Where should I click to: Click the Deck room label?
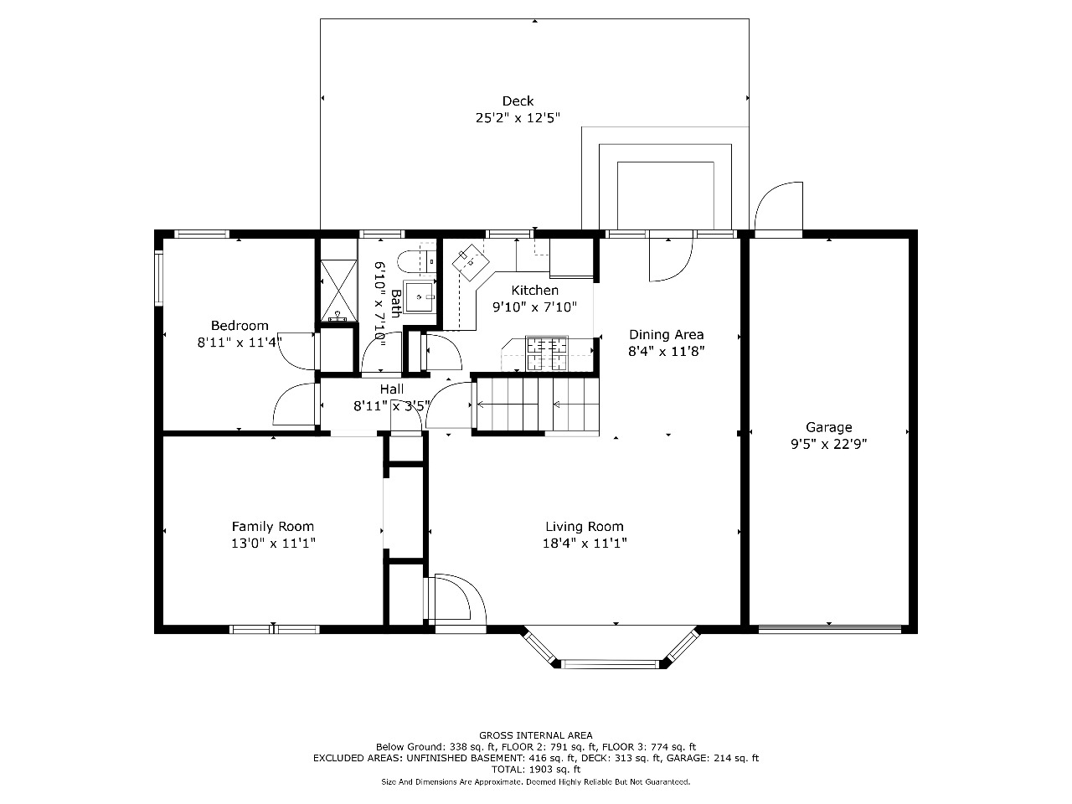518,101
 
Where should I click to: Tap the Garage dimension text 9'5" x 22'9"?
829,444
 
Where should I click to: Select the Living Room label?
585,526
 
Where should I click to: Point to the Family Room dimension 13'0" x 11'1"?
273,543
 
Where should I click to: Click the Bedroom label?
240,325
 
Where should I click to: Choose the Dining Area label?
666,334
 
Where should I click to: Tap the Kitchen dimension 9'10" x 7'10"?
535,307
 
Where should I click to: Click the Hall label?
392,389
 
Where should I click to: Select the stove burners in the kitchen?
547,353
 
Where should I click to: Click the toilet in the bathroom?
416,261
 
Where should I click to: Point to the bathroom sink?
419,296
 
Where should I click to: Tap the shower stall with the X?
338,291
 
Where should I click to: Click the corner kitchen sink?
471,263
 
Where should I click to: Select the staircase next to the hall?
537,405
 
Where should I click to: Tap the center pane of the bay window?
610,664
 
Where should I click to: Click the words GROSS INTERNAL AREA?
536,735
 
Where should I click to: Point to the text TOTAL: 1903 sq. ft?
536,770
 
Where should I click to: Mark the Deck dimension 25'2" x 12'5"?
518,117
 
